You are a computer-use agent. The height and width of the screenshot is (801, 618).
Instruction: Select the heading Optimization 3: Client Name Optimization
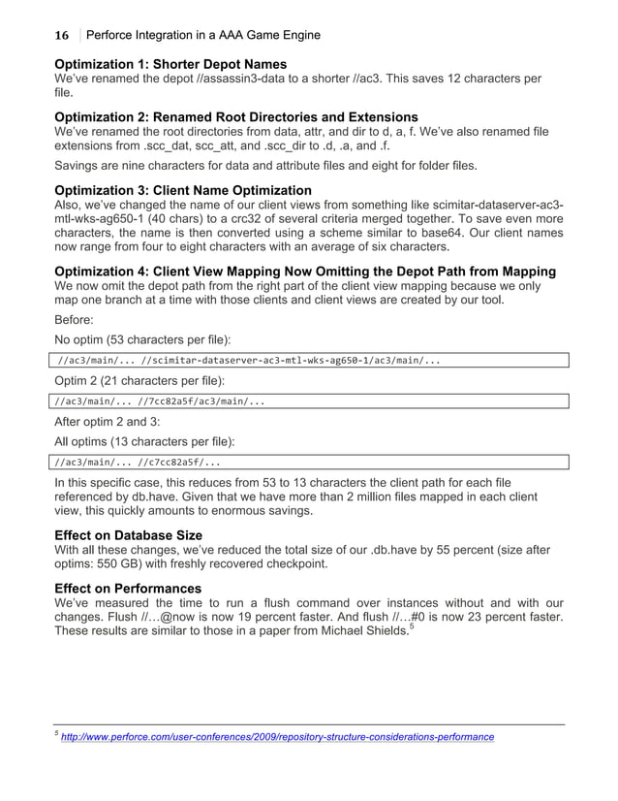point(183,190)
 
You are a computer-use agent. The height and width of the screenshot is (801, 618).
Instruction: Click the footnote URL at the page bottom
point(277,738)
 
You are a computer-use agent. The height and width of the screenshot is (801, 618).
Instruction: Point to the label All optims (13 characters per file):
point(143,442)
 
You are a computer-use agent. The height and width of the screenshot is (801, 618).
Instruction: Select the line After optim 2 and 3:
point(110,423)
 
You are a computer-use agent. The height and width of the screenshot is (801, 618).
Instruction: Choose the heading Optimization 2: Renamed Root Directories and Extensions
point(235,117)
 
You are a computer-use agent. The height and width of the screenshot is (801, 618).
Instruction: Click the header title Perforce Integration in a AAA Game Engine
point(203,36)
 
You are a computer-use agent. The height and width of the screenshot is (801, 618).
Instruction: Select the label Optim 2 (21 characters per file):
point(133,381)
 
